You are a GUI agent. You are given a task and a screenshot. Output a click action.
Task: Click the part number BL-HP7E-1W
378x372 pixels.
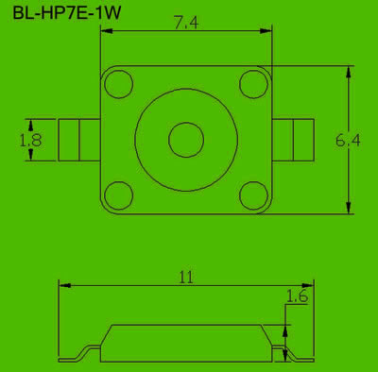[66, 13]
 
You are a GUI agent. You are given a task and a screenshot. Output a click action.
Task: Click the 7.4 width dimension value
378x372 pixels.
[186, 23]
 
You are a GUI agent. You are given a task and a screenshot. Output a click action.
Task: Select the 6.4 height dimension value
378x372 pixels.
[348, 140]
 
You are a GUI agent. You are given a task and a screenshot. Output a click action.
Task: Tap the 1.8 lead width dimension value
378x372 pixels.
[30, 141]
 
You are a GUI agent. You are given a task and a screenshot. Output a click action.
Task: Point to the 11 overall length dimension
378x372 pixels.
[186, 278]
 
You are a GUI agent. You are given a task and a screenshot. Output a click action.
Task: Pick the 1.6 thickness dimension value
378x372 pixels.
[297, 296]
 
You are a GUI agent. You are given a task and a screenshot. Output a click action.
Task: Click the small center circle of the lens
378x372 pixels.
[186, 140]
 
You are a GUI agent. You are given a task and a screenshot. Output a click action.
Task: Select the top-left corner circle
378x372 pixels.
[118, 84]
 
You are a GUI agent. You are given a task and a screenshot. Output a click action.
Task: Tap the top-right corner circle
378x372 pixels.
[253, 84]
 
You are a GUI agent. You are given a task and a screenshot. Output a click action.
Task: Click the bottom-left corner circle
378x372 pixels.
[118, 195]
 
